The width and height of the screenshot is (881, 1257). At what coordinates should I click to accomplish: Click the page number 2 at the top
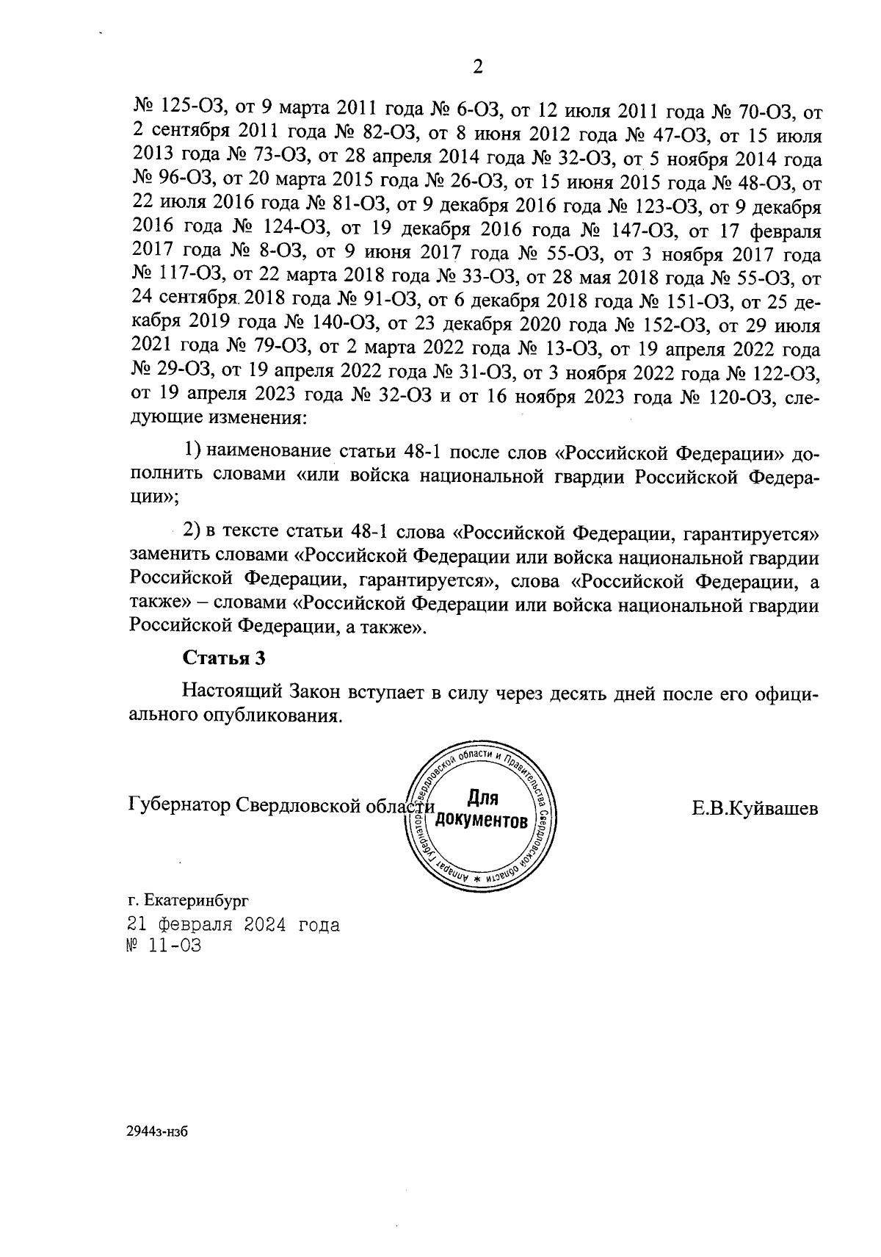click(477, 68)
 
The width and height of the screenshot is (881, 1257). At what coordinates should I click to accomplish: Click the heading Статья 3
click(223, 658)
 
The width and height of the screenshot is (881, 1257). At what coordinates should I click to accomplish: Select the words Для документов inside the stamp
click(482, 808)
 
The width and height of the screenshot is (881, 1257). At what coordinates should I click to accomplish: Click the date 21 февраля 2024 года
click(233, 924)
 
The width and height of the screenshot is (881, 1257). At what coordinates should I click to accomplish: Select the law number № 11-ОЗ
click(164, 946)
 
